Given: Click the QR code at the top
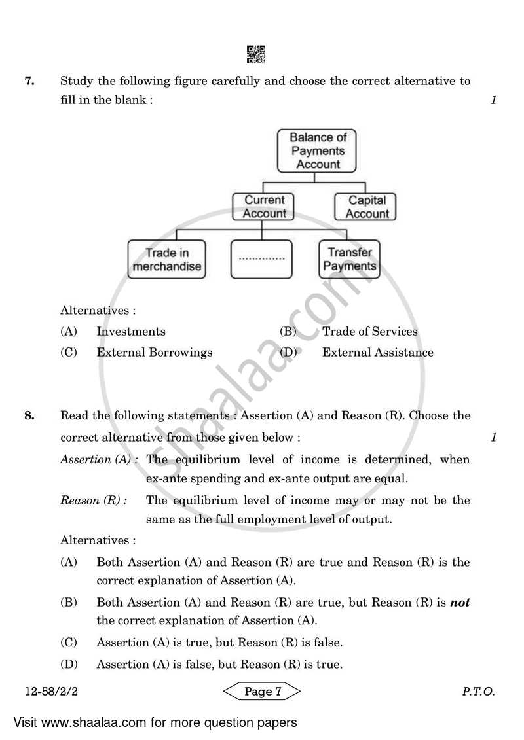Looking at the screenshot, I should point(256,55).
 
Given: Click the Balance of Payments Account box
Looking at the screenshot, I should point(318,151).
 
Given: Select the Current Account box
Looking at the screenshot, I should point(264,207).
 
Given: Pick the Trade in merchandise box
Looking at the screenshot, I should point(166,259).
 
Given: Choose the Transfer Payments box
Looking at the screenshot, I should point(350,259).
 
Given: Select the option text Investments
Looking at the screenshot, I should point(131,332).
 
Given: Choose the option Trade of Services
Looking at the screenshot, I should point(369,332).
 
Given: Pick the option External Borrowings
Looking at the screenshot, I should point(155,353).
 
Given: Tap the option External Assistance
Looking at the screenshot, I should point(377,353).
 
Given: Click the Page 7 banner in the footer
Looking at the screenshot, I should point(262,692).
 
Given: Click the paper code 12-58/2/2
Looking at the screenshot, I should point(42,692).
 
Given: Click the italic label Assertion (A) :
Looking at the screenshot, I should point(99,459).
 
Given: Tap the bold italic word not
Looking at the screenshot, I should point(460,603).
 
